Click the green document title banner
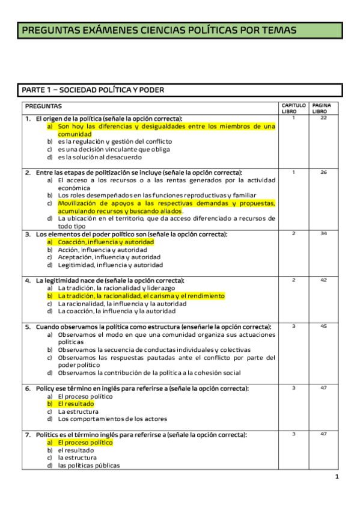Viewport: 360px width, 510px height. click(x=179, y=30)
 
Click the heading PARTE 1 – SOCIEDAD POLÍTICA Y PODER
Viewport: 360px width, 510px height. click(x=93, y=90)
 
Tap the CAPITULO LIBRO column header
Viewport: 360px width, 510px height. click(x=293, y=108)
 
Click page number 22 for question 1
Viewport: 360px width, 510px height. click(x=323, y=118)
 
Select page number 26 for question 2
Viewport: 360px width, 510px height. click(x=323, y=172)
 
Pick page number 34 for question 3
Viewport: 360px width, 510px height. click(x=323, y=233)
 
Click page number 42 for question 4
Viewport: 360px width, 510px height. click(x=323, y=280)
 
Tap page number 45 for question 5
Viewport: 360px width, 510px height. click(x=323, y=327)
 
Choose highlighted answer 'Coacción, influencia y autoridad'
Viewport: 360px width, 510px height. click(x=106, y=242)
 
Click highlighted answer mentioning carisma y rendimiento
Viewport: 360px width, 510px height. click(x=141, y=296)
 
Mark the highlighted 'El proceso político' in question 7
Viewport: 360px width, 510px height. click(x=85, y=443)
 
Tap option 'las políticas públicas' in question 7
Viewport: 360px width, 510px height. click(x=89, y=465)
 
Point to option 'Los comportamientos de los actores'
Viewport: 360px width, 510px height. click(x=112, y=419)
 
